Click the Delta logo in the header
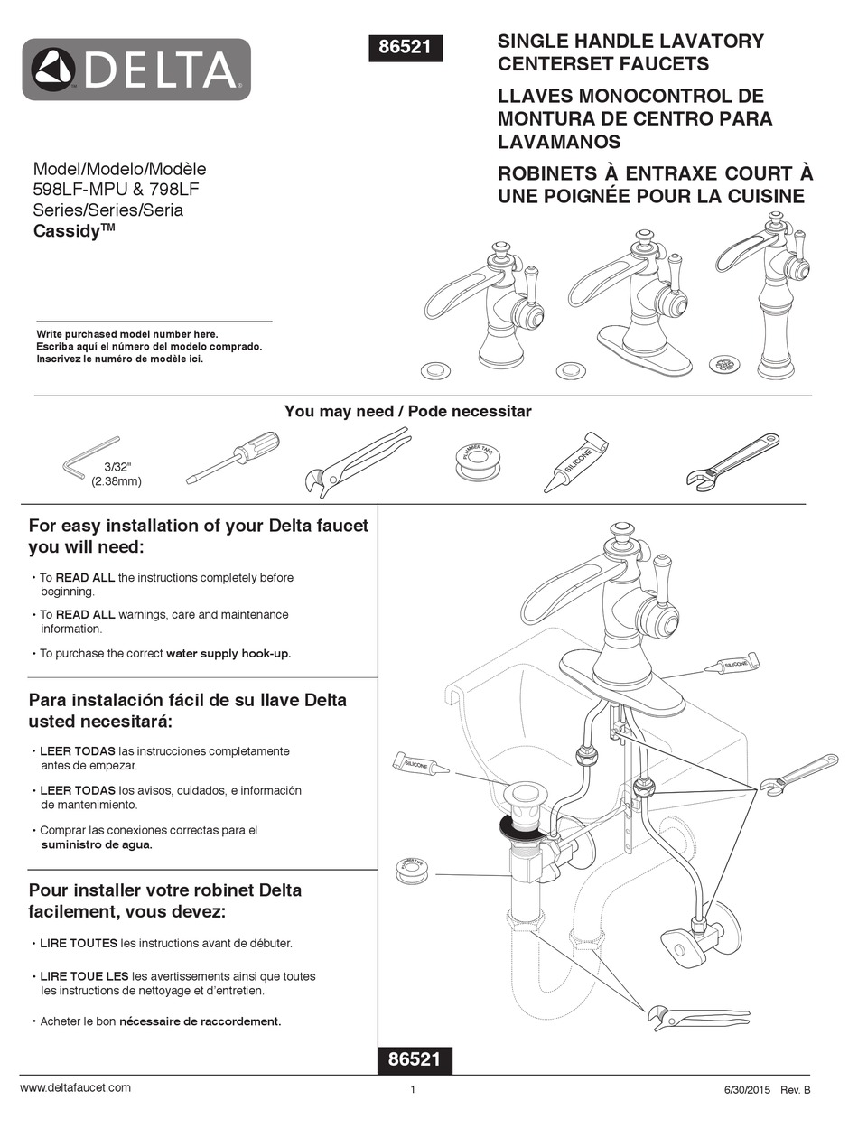(x=136, y=69)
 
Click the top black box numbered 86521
(x=406, y=47)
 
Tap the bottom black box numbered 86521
(x=415, y=1059)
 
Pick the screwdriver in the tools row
(x=233, y=457)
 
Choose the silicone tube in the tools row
(x=575, y=462)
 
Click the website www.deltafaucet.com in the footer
(x=75, y=1087)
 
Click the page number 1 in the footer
(x=413, y=1089)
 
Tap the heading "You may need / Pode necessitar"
(x=407, y=411)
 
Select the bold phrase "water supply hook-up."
(x=228, y=653)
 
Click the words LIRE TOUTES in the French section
(x=79, y=943)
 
